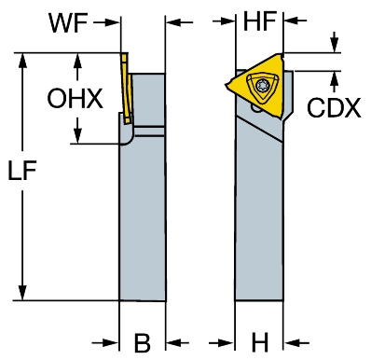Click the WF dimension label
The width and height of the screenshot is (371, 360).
tap(68, 22)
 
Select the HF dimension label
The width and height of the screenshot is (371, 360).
tap(259, 21)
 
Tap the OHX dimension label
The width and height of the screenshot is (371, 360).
tap(75, 98)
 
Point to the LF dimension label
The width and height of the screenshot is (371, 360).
tap(22, 171)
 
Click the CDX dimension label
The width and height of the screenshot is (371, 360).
tap(334, 107)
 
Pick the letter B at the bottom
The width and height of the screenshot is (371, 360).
tap(143, 343)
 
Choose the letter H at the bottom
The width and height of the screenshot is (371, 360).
tap(259, 343)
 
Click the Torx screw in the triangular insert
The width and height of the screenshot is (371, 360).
tap(260, 85)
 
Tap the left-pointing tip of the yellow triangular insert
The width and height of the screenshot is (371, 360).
tap(227, 84)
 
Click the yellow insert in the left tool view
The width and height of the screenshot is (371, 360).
tap(127, 89)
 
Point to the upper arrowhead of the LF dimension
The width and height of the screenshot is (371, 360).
tap(22, 60)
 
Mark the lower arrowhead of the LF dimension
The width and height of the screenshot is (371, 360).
tap(22, 293)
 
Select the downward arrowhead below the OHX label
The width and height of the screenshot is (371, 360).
tap(77, 136)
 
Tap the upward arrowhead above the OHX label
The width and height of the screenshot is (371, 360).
tap(77, 61)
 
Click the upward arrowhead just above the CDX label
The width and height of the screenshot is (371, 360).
tap(335, 78)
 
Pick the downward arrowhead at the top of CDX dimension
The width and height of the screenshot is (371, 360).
tap(335, 46)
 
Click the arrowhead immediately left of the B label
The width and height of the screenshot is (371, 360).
tap(112, 343)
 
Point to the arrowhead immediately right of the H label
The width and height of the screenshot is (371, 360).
tap(291, 343)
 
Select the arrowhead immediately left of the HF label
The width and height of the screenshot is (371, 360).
tap(227, 21)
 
